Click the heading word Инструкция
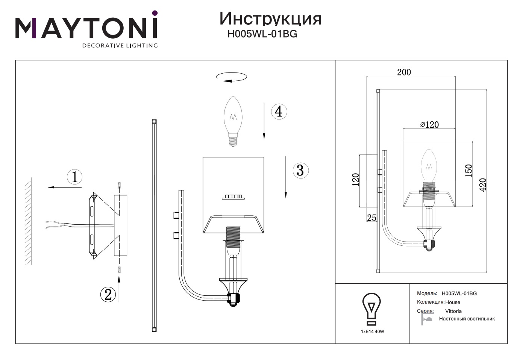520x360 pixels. [x=270, y=18]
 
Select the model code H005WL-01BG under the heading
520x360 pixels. [x=262, y=34]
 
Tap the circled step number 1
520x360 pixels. [x=74, y=177]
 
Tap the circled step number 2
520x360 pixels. [x=108, y=294]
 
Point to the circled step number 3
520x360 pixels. [x=300, y=170]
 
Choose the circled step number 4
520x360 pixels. [x=279, y=112]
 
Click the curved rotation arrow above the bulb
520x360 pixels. [x=232, y=77]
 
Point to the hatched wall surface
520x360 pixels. [x=28, y=222]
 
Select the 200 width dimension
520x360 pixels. [x=404, y=72]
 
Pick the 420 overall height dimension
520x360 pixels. [x=482, y=184]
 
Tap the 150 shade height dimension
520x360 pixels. [x=468, y=171]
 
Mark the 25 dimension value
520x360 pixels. [x=371, y=218]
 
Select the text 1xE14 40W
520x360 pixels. [x=372, y=331]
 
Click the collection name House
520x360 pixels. [x=453, y=302]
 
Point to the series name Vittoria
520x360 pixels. [x=453, y=311]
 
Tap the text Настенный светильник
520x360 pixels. [x=467, y=319]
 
